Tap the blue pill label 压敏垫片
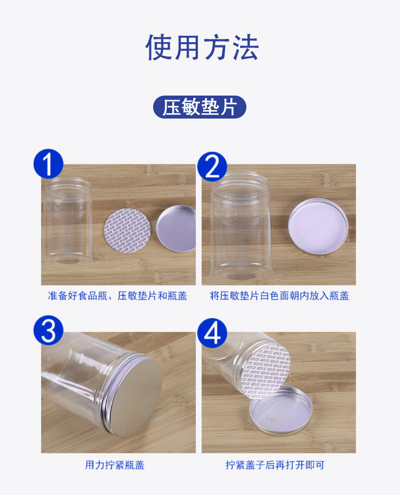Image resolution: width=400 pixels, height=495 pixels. (199, 107)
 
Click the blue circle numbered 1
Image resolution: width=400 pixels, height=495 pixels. (48, 164)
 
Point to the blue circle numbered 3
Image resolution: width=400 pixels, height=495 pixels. (48, 331)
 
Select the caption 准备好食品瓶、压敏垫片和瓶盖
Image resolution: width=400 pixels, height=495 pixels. (117, 296)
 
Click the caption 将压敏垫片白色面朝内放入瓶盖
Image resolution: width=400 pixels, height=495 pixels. (279, 296)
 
